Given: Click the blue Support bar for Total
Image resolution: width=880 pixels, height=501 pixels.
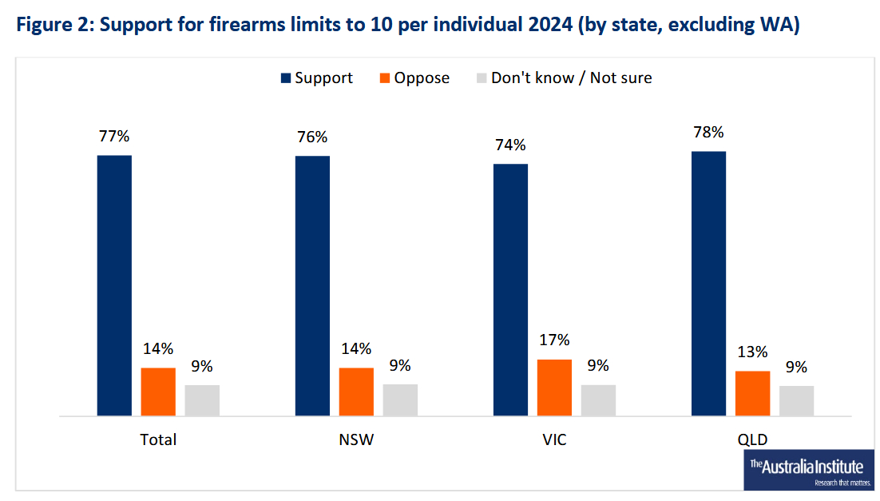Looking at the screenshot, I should (x=114, y=285).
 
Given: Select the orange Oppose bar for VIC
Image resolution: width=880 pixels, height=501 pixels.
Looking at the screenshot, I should (x=554, y=388).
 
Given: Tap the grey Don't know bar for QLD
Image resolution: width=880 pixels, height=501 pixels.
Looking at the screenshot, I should (x=796, y=400).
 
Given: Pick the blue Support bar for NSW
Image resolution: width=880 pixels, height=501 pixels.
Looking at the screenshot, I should (x=312, y=285).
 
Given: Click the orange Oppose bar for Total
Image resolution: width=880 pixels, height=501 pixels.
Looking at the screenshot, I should (x=158, y=392).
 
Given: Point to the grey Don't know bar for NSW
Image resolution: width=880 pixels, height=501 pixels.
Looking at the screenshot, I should (x=400, y=400).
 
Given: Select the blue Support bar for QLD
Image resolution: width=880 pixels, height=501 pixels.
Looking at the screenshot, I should (x=708, y=284).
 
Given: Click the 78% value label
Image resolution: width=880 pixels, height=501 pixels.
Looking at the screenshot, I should (x=708, y=132).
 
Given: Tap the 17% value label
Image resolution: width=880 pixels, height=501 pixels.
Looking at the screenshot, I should (x=554, y=340).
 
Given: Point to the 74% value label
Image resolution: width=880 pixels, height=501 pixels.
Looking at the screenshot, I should (x=510, y=145).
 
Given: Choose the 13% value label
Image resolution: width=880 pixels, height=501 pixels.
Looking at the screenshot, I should (x=752, y=352).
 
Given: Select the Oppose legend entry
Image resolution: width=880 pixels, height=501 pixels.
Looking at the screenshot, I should (x=414, y=78).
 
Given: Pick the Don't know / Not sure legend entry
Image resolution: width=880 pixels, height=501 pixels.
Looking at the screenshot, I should (x=563, y=78).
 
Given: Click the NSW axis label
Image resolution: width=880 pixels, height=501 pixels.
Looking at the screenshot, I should (x=356, y=439).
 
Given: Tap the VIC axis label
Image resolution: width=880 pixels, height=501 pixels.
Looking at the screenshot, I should (x=554, y=439).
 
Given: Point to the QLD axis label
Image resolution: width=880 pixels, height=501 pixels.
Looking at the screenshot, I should (x=752, y=439).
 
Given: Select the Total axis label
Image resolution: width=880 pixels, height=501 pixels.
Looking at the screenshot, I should (x=158, y=439).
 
